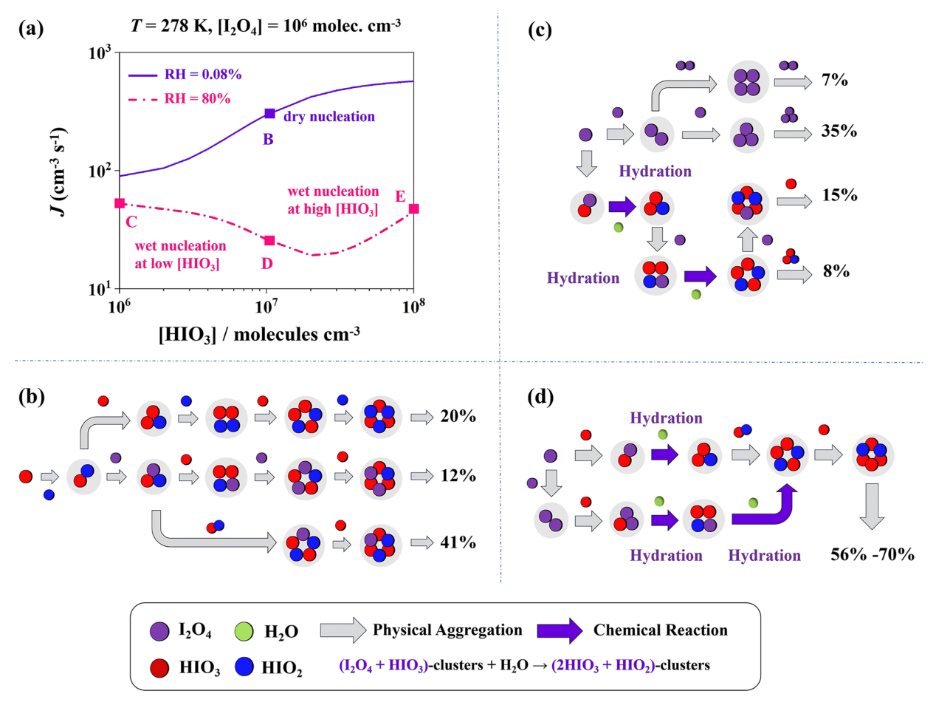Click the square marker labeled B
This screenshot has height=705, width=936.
[270, 114]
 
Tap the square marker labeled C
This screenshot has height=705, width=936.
[120, 203]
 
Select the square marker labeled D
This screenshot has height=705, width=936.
[270, 241]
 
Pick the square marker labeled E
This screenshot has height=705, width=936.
[414, 209]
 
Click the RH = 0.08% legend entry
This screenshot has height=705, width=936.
[185, 75]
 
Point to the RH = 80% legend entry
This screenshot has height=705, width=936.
[179, 99]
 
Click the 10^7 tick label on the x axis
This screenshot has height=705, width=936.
[266, 305]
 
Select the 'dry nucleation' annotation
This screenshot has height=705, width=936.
[329, 117]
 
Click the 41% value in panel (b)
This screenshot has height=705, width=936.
[458, 542]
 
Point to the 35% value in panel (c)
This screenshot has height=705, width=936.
[839, 132]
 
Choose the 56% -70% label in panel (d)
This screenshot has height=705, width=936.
[873, 555]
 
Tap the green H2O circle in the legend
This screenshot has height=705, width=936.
[244, 631]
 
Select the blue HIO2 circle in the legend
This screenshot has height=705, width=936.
[244, 667]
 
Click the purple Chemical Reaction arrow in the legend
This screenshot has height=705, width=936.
[560, 630]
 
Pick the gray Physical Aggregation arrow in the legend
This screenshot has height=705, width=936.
[343, 630]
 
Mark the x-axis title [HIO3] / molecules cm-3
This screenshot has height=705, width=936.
[259, 335]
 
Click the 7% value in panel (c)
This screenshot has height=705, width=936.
[835, 80]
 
